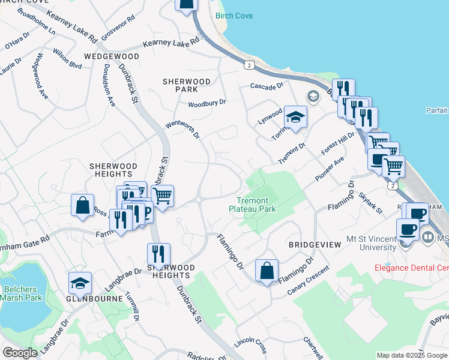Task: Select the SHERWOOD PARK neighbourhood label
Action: [x=187, y=85]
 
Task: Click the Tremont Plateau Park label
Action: [x=252, y=205]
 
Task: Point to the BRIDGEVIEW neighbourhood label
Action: [x=315, y=245]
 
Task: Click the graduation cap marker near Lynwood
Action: [x=295, y=118]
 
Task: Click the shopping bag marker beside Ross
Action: [x=82, y=205]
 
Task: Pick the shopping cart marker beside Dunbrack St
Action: [x=162, y=195]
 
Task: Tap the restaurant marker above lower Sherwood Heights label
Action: [x=158, y=254]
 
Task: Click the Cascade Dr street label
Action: [x=267, y=86]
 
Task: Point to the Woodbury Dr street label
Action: [x=206, y=103]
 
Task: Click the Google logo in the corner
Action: [x=20, y=353]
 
